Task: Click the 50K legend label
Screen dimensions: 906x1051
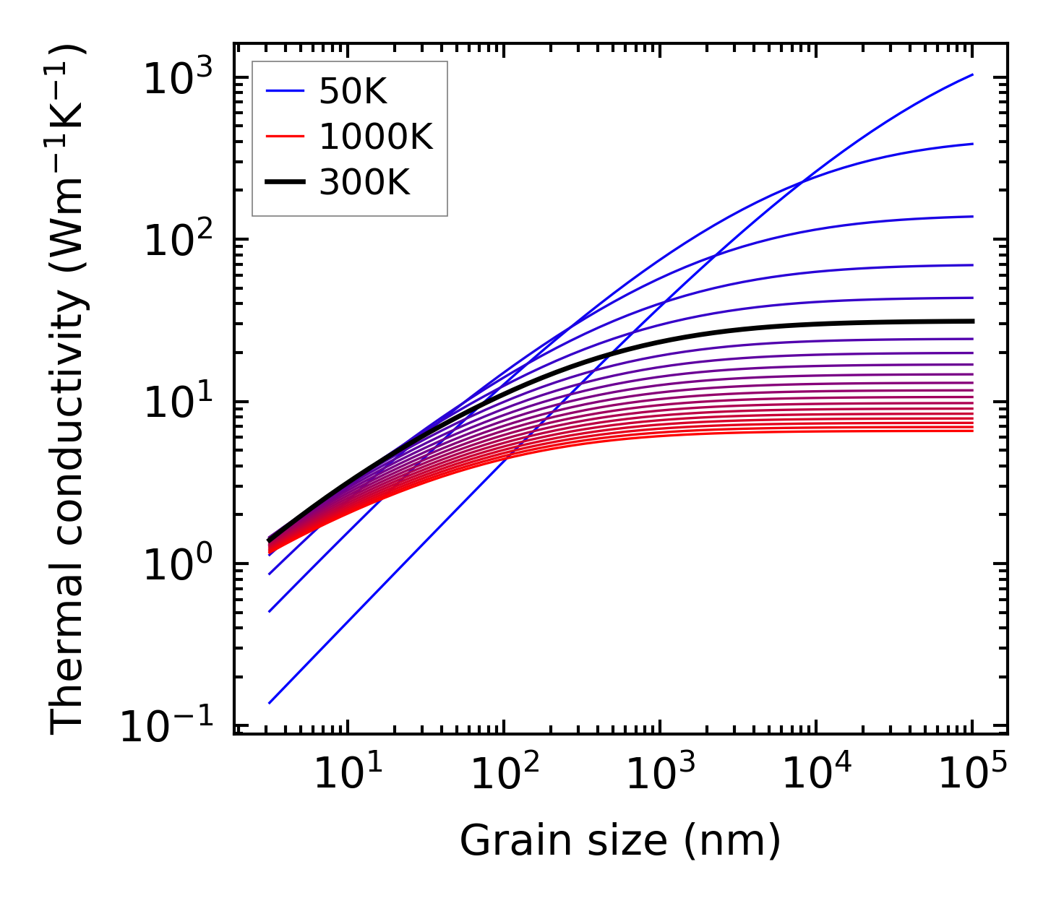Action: (x=353, y=92)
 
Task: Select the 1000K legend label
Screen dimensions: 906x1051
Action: (x=376, y=137)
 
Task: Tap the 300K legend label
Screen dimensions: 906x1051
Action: (x=364, y=183)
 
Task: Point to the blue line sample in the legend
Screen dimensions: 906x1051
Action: (x=286, y=92)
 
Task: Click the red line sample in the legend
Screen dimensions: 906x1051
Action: (x=286, y=137)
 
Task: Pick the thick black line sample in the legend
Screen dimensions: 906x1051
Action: (x=286, y=183)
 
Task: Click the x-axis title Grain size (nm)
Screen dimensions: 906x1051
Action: (x=620, y=841)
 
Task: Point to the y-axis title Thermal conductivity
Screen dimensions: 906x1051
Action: (x=69, y=390)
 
